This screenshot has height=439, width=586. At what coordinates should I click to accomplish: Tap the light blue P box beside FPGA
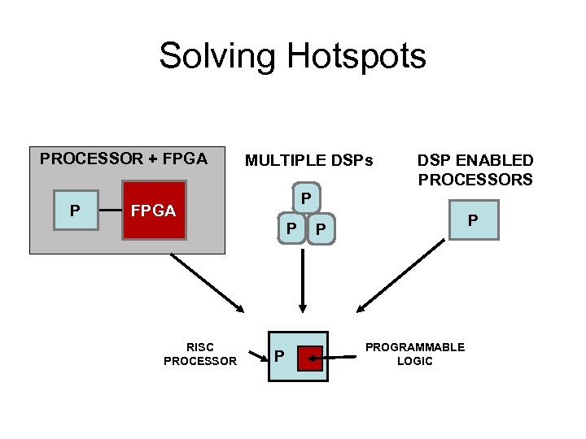click(75, 211)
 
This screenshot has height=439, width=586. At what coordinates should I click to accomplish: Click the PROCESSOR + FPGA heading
click(124, 159)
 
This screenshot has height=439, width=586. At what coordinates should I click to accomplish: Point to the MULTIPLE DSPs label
click(308, 161)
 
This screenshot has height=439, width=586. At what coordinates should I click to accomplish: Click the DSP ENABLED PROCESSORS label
click(475, 170)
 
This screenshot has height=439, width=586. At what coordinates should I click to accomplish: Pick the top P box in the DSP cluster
click(304, 198)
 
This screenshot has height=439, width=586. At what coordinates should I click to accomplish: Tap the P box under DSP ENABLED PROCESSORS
click(472, 219)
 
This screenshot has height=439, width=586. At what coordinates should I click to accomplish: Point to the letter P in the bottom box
click(279, 356)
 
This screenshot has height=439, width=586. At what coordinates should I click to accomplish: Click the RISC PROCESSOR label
click(200, 354)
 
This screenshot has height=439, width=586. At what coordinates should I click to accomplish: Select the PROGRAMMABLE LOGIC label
click(415, 354)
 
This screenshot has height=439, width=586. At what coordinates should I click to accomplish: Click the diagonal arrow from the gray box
click(207, 283)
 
